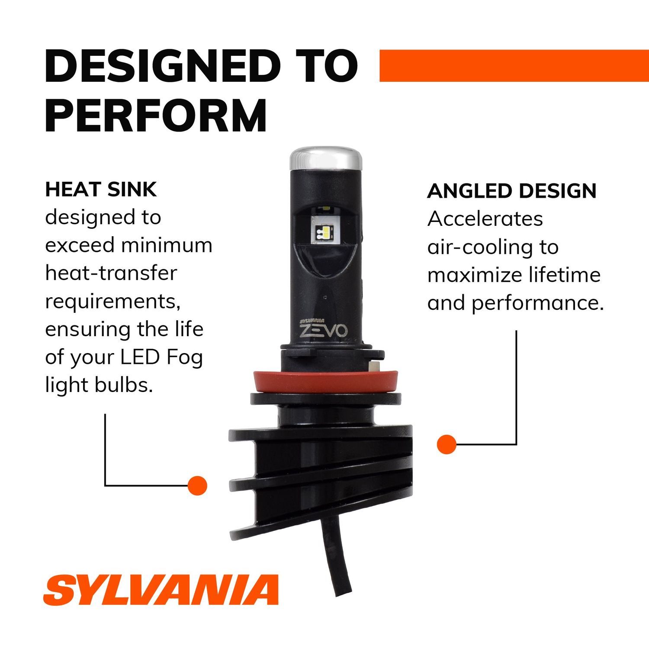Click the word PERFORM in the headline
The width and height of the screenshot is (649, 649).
tap(156, 115)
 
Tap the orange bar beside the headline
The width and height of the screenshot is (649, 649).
tap(514, 65)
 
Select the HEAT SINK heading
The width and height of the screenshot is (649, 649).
tap(101, 190)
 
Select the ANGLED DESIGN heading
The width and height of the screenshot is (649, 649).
tap(512, 191)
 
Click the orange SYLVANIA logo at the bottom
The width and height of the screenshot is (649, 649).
tap(161, 590)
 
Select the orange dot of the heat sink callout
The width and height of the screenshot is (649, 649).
tap(197, 485)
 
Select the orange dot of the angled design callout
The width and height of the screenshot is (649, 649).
tap(447, 444)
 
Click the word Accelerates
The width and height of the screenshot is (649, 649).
tap(485, 219)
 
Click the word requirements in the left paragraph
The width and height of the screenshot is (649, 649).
tap(112, 302)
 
